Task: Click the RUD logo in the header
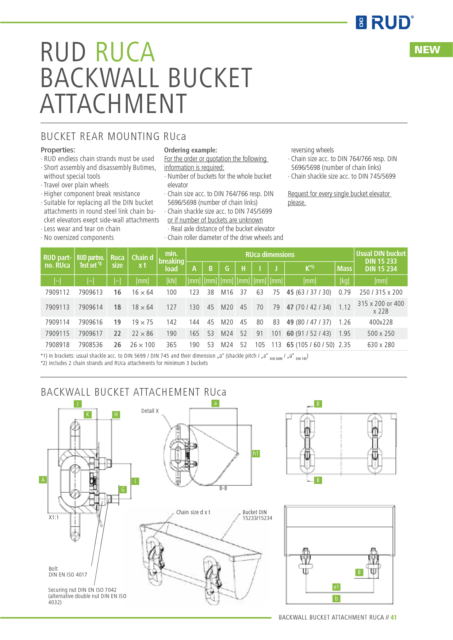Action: tap(385, 23)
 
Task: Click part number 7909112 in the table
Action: tap(57, 292)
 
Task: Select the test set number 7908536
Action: tap(91, 345)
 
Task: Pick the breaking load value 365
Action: tap(171, 345)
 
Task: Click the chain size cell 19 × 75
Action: tap(142, 322)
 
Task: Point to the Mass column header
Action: tap(344, 269)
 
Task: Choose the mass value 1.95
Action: tap(344, 334)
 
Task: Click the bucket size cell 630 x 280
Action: tap(381, 345)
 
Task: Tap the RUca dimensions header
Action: tap(270, 255)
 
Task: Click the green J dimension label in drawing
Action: tap(77, 404)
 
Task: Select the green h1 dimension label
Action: tap(256, 454)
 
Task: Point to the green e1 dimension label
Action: tap(336, 587)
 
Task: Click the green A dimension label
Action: tap(43, 480)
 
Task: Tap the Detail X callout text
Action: tap(150, 411)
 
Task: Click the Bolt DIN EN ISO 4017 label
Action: tap(68, 572)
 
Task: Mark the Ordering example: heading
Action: tap(191, 150)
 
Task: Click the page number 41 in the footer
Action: tap(394, 617)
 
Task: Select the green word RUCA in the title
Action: tap(125, 52)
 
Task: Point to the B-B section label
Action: tap(223, 488)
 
